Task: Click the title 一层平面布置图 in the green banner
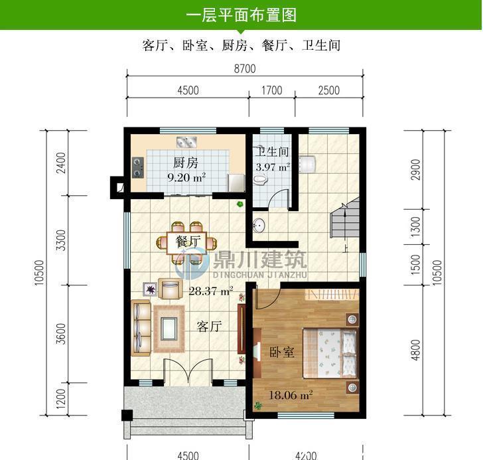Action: [241, 15]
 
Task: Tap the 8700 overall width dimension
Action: [245, 69]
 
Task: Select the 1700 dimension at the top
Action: [271, 91]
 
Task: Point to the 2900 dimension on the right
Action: [416, 168]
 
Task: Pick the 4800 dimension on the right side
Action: [416, 350]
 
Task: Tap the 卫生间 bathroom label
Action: [273, 151]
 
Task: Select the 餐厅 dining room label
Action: [188, 242]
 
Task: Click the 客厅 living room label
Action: [209, 326]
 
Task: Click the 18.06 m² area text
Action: [290, 396]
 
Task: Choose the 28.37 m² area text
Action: [210, 290]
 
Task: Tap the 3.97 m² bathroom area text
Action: [273, 167]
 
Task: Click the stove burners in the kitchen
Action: [138, 167]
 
